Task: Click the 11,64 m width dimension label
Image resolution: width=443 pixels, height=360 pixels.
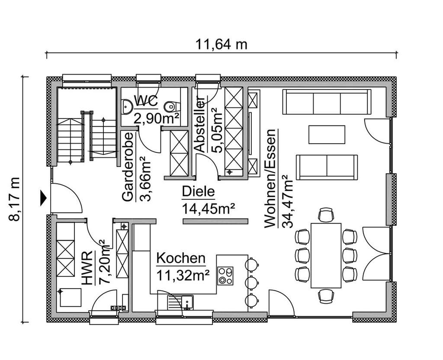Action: [221, 44]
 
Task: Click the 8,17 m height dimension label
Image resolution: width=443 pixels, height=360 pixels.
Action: [16, 199]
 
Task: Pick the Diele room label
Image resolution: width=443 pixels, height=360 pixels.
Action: [198, 192]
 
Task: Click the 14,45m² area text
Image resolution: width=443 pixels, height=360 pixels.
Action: [209, 209]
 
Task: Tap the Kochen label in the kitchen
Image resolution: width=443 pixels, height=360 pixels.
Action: [180, 258]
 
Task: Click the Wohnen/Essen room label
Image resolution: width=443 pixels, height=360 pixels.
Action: [270, 178]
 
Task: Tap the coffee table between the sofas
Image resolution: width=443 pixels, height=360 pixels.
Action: [327, 134]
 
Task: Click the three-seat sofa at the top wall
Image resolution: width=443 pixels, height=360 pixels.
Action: [327, 102]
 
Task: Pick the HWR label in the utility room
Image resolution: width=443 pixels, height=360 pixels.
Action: [88, 268]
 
